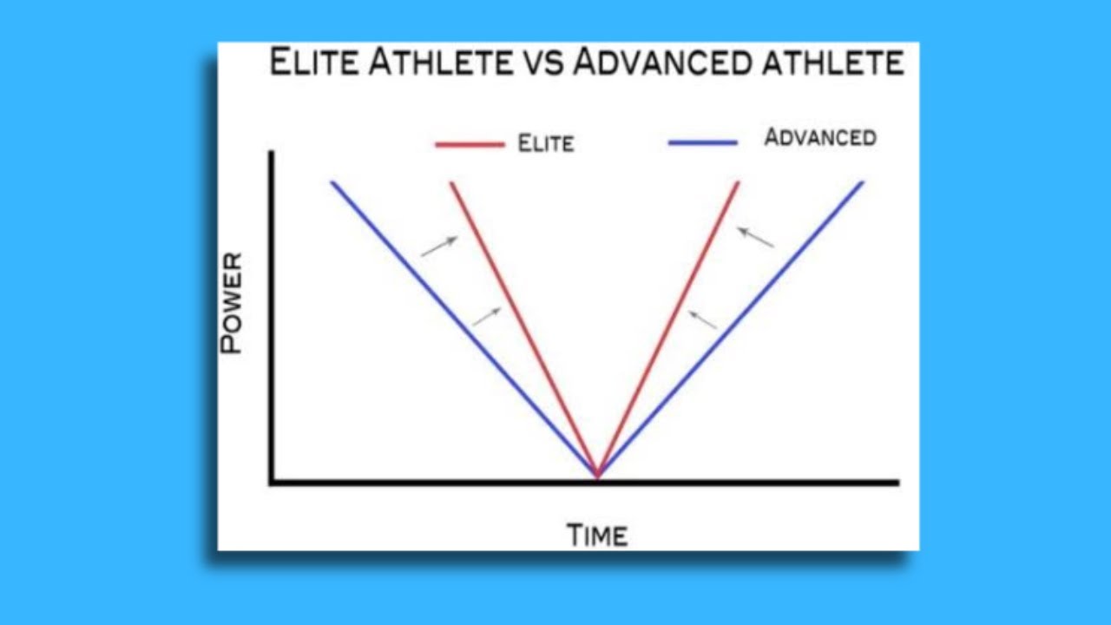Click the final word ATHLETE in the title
click(x=836, y=63)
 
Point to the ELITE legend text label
click(x=546, y=143)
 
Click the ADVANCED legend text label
click(x=819, y=137)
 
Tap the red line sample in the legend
click(x=470, y=144)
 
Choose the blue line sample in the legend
click(x=703, y=142)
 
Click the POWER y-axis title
click(x=232, y=303)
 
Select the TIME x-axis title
click(x=597, y=535)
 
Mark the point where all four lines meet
click(x=597, y=475)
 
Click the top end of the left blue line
click(x=332, y=182)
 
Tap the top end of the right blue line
click(x=863, y=182)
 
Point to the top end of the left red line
click(x=451, y=183)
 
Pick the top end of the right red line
click(x=739, y=182)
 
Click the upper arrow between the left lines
click(x=439, y=247)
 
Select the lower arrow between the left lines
click(x=487, y=317)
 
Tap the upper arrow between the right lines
click(x=755, y=237)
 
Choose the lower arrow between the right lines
click(x=702, y=319)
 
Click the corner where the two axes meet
click(x=272, y=483)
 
